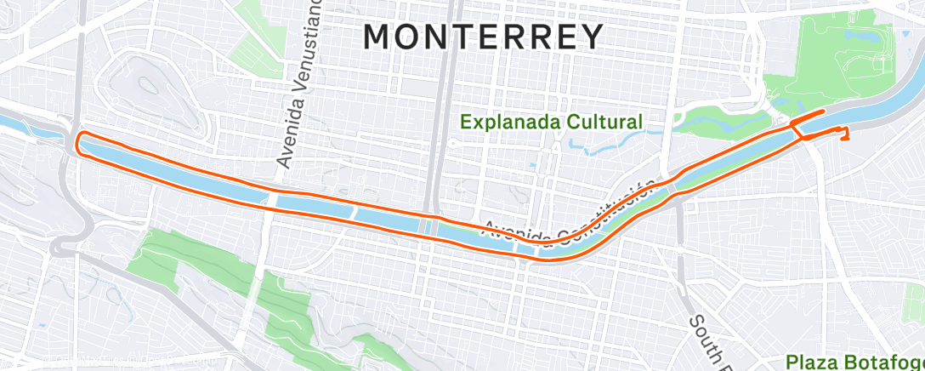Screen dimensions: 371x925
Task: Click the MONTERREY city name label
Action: (x=484, y=37)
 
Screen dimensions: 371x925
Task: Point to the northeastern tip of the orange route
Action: (x=822, y=112)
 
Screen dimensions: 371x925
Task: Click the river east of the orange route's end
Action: (x=884, y=106)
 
